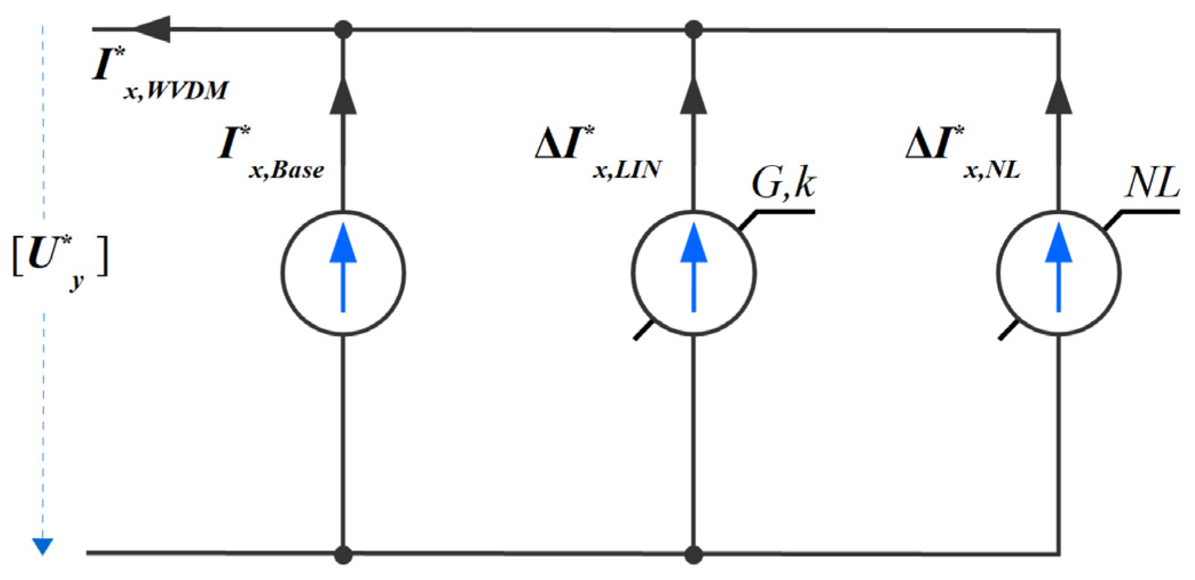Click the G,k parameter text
point(784,184)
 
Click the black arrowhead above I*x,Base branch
point(343,97)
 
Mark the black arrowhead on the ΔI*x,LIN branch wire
point(693,97)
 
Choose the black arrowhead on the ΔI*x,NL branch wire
point(1058,97)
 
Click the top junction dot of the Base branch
point(343,29)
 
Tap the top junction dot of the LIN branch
point(693,29)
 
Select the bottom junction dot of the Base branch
point(343,554)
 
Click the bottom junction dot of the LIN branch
point(693,554)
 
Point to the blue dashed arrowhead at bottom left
point(42,546)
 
